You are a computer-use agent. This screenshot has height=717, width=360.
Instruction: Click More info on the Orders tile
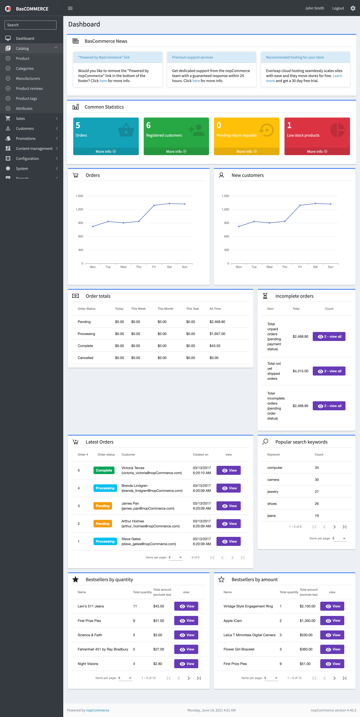[106, 151]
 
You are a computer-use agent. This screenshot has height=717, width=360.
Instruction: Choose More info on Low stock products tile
[317, 151]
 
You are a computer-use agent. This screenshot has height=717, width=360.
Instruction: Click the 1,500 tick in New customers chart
[225, 196]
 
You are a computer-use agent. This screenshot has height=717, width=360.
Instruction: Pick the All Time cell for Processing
[217, 334]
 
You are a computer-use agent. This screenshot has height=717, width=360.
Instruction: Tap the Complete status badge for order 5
[104, 470]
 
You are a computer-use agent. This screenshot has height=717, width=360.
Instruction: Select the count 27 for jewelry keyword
[317, 492]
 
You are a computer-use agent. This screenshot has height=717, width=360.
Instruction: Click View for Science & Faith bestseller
[186, 635]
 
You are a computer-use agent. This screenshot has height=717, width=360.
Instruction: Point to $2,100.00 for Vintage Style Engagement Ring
[307, 606]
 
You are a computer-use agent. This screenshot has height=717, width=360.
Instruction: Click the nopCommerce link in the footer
[98, 710]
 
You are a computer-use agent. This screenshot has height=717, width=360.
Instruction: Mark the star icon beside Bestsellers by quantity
[75, 580]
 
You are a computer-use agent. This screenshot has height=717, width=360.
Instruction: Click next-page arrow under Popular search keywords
[334, 527]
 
